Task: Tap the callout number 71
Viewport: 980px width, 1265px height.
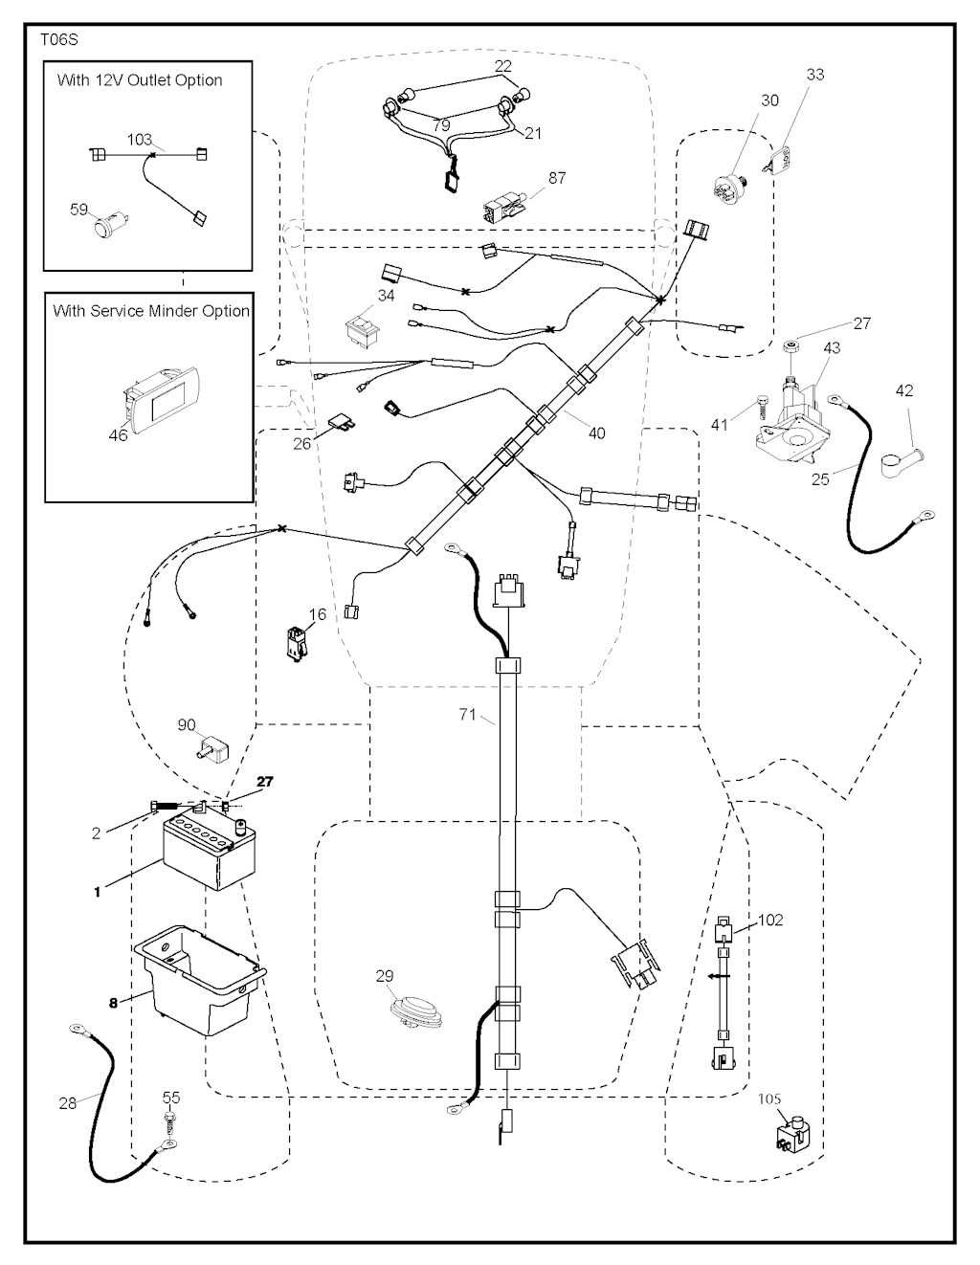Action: point(467,714)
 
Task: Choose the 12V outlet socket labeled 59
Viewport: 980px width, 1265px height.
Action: point(104,228)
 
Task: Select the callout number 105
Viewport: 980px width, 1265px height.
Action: point(769,1099)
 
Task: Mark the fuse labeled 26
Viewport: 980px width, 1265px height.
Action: point(335,422)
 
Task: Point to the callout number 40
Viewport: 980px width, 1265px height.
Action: point(596,433)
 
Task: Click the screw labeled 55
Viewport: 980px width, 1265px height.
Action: point(169,1121)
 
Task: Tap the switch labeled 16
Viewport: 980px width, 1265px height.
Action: point(295,640)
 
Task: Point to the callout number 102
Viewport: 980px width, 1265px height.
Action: point(770,920)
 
